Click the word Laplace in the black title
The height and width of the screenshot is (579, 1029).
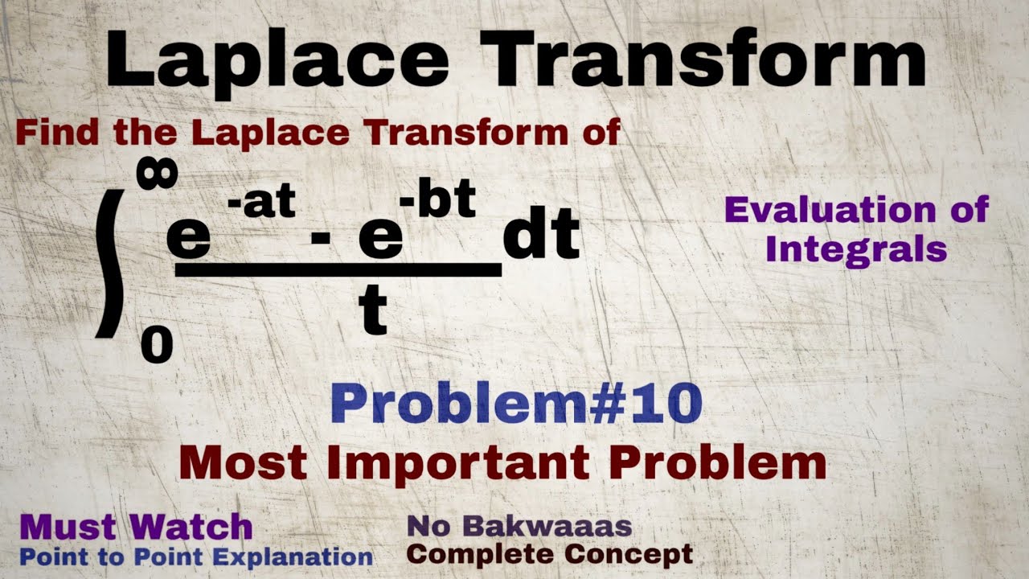pos(277,61)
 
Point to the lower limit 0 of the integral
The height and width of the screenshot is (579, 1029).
pos(156,347)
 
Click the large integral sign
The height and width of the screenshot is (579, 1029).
pos(112,262)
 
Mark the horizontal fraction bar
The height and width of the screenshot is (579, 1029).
pos(338,270)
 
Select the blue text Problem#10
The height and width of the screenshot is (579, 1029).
pos(516,404)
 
